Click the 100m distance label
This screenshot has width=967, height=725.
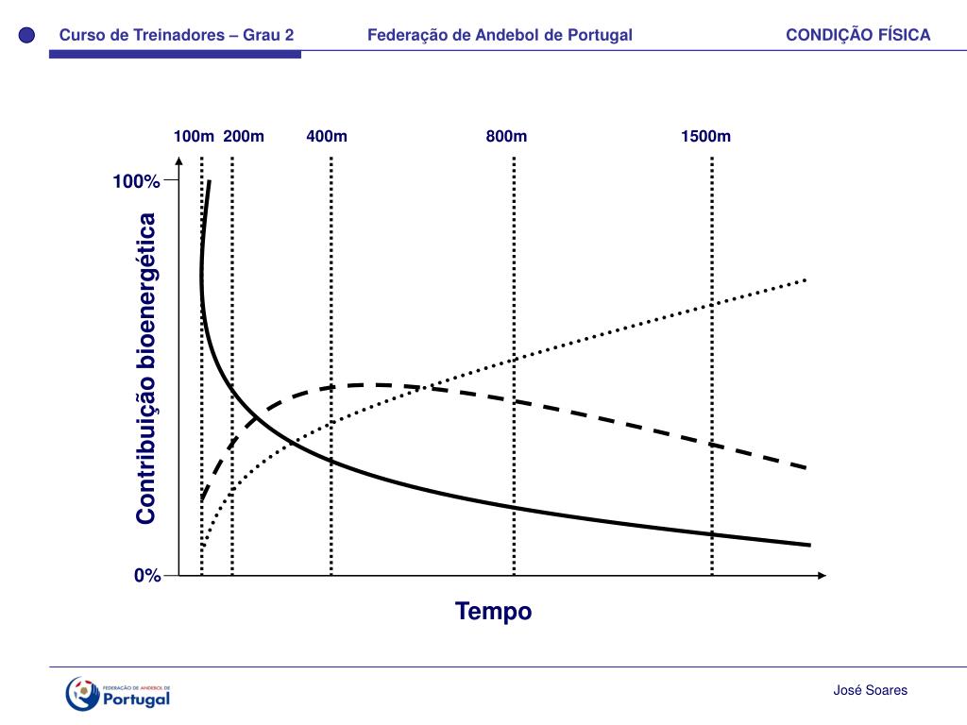tap(194, 136)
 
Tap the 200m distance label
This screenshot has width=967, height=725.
tap(244, 136)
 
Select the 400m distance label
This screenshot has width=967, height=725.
tap(327, 136)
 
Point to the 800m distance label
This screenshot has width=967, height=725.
tap(507, 136)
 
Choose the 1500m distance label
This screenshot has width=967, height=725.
tap(705, 136)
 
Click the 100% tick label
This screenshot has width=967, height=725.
tap(137, 181)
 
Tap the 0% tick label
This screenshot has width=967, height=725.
tap(147, 576)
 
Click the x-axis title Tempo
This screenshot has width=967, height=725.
tap(493, 612)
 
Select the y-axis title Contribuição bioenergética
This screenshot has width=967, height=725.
tap(145, 368)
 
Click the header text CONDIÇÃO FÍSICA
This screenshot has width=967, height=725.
tap(857, 36)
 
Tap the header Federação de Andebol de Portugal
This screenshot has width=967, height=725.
tap(500, 36)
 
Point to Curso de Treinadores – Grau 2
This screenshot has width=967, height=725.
tap(177, 36)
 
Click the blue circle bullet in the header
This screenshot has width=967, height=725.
tap(27, 36)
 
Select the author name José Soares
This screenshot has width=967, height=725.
tap(870, 691)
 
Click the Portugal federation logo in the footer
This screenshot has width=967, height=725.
tap(118, 694)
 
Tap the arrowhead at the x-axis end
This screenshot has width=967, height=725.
tap(822, 575)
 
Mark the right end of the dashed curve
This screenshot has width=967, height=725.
tap(806, 467)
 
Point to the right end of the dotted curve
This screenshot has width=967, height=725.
tap(806, 279)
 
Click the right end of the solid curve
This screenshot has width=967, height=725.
tap(809, 545)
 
